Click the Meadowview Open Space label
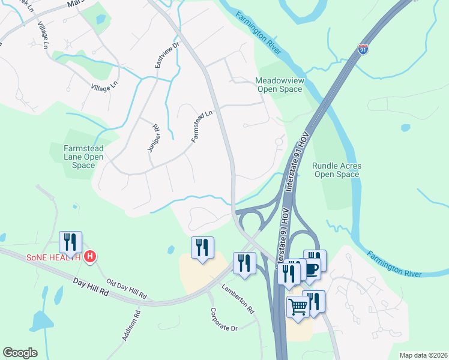279,85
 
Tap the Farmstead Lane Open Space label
85,157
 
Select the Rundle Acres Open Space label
336,170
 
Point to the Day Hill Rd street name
91,285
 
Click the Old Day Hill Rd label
126,289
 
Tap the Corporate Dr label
224,320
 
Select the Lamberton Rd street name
238,298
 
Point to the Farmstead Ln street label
202,126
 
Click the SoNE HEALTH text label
53,257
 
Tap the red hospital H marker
90,257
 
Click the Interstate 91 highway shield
363,49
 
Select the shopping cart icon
298,307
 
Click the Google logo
20,353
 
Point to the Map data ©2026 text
423,355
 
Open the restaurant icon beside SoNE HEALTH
70,242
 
